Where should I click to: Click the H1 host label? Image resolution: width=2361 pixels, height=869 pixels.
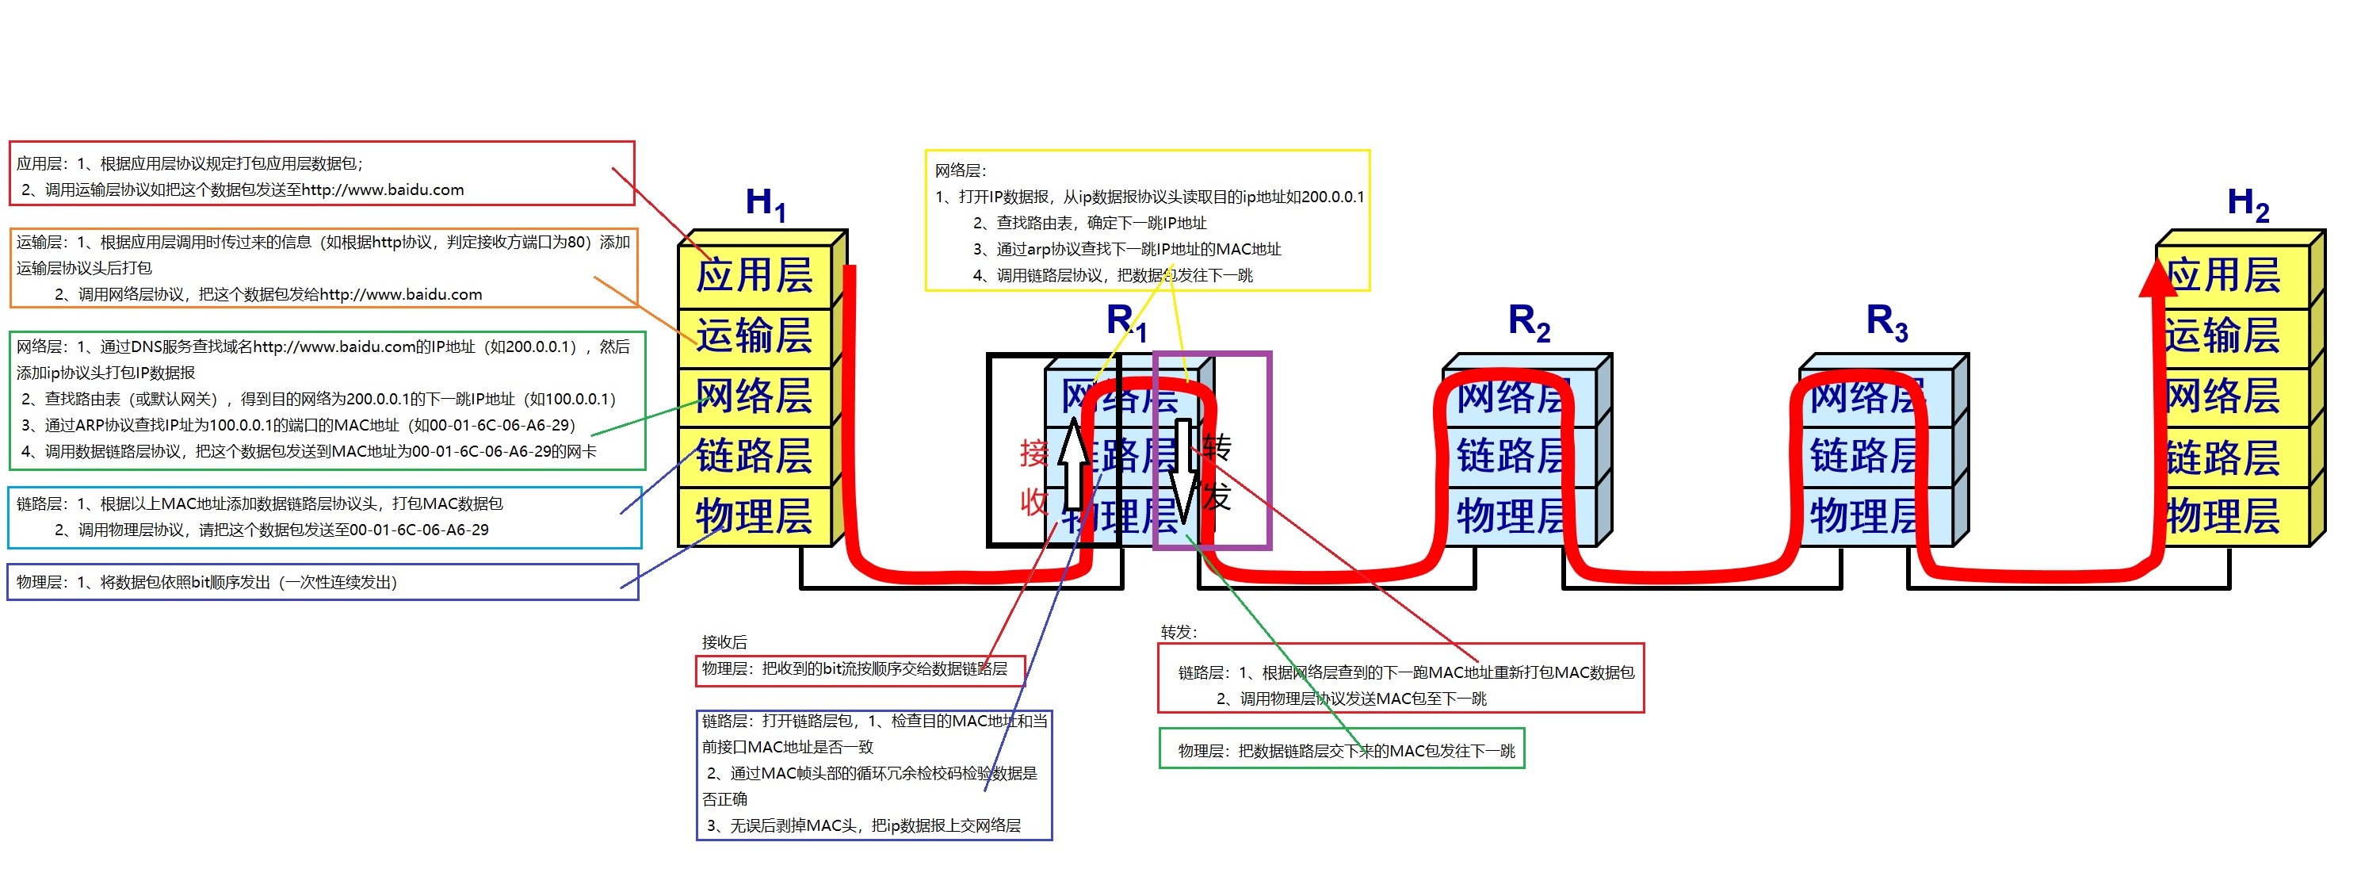coord(766,204)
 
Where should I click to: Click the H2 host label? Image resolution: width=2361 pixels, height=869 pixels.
coord(2248,204)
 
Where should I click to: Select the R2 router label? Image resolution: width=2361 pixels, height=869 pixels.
coord(1529,323)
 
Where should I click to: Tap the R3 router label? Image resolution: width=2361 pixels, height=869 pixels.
coord(1886,323)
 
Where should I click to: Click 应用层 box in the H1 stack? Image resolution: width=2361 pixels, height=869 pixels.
coord(754,275)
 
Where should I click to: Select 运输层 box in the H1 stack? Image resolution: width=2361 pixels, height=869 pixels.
coord(754,335)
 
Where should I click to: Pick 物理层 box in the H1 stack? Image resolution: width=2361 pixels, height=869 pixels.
coord(754,516)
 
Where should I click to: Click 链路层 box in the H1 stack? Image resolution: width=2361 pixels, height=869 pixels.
coord(754,457)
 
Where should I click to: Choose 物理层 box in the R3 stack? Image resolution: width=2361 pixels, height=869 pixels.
coord(1864,516)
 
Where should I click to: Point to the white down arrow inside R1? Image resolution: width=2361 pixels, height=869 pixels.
coord(1184,469)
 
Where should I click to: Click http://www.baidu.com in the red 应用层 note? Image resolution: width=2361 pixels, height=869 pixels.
coord(382,190)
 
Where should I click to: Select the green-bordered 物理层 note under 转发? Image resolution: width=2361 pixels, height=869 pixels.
coord(1342,751)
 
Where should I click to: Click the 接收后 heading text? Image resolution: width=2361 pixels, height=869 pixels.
coord(724,641)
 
